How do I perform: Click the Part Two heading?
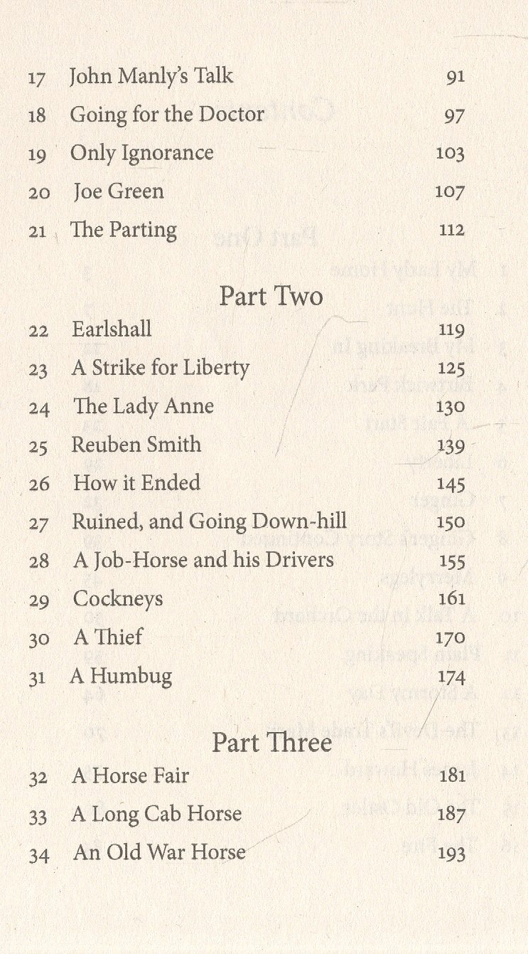tap(271, 297)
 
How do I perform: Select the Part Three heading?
tap(271, 743)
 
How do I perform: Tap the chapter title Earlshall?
tap(112, 329)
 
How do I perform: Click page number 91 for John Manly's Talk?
tap(456, 77)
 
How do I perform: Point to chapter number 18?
tap(37, 115)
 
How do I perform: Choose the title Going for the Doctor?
tap(167, 115)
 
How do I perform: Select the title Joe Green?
tap(118, 191)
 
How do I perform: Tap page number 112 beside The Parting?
tap(451, 230)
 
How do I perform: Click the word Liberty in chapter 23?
tap(217, 369)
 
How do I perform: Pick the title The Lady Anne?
tap(144, 406)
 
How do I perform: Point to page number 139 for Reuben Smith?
tap(451, 446)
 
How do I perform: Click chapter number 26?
tap(39, 484)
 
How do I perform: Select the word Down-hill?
tap(308, 521)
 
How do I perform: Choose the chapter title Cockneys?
tap(118, 599)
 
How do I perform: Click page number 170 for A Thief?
tap(451, 637)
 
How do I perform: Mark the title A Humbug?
tap(121, 676)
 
